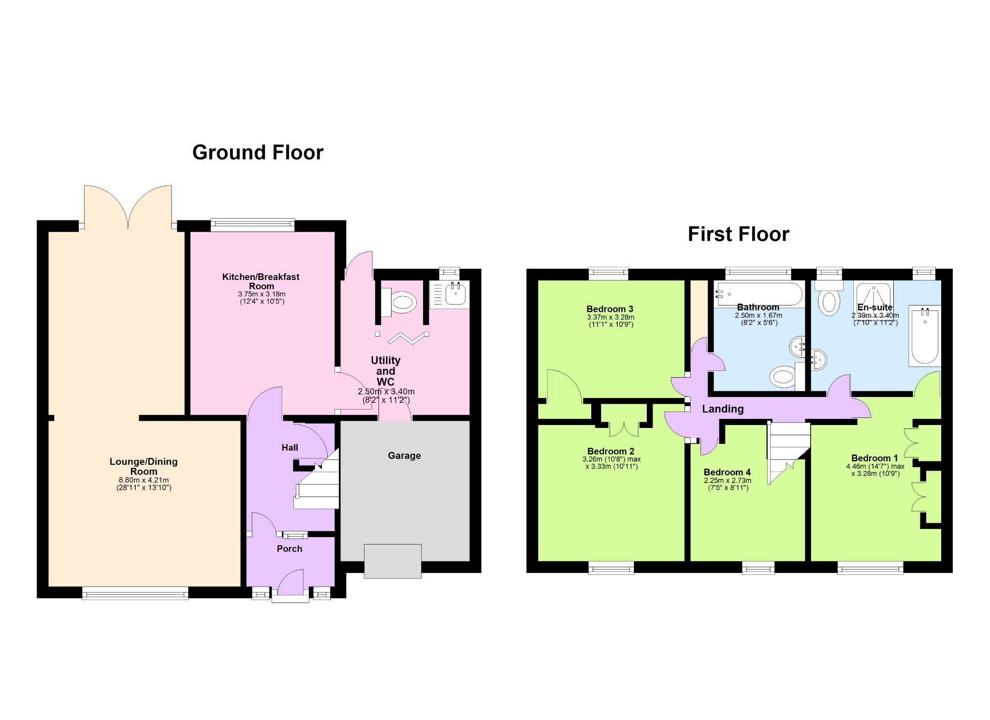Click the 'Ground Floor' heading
(258, 152)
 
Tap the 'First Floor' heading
(738, 234)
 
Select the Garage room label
(404, 456)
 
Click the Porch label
(289, 548)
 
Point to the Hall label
(290, 447)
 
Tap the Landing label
(723, 409)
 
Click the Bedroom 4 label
(727, 472)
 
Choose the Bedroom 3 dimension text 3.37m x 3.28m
(611, 317)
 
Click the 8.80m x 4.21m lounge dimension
(144, 480)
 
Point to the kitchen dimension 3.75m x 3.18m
(262, 294)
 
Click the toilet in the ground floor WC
(399, 303)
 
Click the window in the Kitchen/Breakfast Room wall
(252, 225)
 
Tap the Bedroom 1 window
(870, 568)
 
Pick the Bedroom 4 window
(758, 568)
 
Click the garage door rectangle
(393, 561)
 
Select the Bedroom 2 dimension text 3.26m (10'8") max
(611, 459)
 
